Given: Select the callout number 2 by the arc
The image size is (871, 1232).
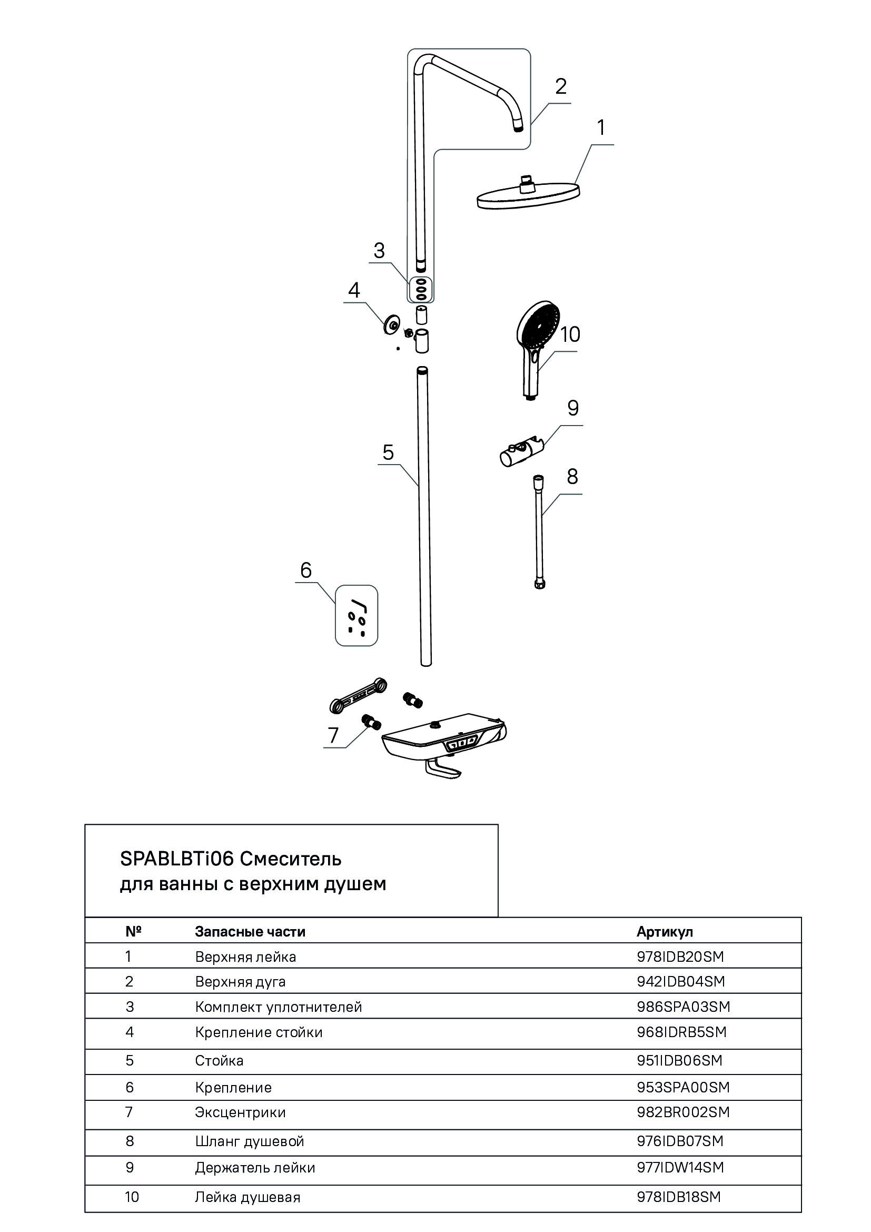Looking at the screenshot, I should click(560, 86).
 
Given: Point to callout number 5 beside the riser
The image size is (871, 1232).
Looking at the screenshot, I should click(388, 452).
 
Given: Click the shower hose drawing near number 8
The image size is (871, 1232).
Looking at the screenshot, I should click(539, 531).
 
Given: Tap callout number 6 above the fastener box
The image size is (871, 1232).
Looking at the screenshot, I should click(306, 570).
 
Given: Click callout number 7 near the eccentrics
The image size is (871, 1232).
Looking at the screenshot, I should click(333, 735).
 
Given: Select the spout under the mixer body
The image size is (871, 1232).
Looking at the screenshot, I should click(443, 770).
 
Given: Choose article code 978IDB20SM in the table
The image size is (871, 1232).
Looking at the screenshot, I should click(680, 956).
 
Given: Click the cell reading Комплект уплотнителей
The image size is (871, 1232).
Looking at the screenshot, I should click(279, 1007).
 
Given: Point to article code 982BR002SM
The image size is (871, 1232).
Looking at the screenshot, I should click(684, 1112).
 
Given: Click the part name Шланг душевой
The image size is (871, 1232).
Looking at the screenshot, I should click(250, 1141).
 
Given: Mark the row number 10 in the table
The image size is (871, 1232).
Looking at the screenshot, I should click(132, 1197).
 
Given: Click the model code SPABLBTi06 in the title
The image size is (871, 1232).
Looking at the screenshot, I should click(177, 859).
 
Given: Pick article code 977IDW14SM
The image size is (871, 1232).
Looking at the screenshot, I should click(680, 1167).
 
